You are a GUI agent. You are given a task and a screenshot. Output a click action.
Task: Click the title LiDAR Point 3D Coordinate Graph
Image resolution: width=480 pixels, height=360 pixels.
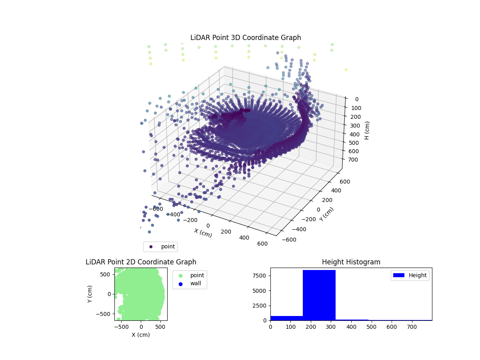coord(246,38)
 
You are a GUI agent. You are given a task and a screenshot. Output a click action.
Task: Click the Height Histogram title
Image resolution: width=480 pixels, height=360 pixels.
coord(351,262)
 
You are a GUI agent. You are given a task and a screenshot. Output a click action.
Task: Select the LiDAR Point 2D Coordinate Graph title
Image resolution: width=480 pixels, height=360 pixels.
coord(141,262)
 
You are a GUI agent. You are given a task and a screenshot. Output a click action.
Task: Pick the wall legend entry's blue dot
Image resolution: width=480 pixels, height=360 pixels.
coord(180,284)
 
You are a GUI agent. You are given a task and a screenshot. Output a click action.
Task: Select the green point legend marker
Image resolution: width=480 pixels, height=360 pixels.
coord(180,275)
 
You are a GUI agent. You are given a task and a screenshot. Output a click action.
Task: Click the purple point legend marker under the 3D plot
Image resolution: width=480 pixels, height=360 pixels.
coord(151,246)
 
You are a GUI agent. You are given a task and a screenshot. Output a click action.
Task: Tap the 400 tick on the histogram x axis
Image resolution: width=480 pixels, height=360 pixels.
coord(351,327)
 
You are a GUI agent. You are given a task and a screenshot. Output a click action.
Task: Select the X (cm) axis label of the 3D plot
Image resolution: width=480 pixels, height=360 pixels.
coord(203,233)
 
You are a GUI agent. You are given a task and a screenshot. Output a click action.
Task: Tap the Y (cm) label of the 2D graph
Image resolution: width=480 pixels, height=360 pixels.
coord(90,294)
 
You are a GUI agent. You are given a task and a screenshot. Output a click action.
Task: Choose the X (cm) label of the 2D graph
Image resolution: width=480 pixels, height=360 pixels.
coord(141,335)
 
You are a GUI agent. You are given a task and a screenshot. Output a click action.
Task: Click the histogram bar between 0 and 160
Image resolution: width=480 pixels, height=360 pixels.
coord(286,318)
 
